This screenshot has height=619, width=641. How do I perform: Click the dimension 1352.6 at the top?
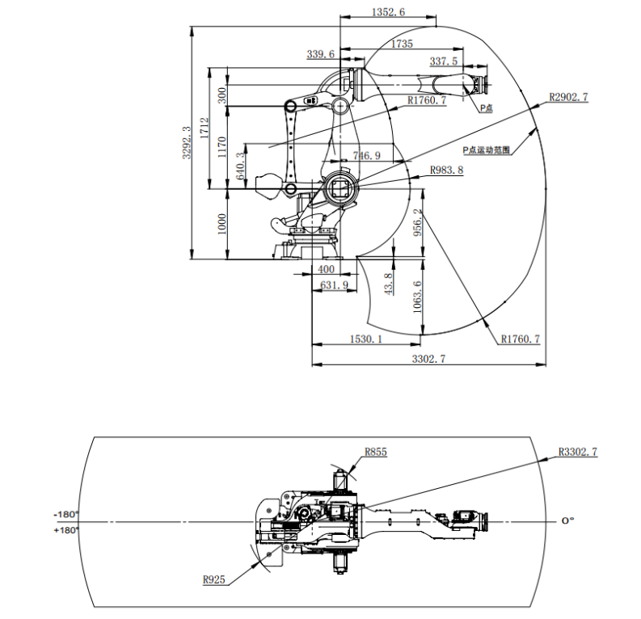(x=388, y=11)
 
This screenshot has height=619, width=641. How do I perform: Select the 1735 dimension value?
(x=402, y=44)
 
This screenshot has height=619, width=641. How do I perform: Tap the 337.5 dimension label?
(x=443, y=61)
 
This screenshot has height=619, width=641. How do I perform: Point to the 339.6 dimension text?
(x=320, y=54)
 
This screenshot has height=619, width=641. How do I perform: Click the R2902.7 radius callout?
(x=568, y=97)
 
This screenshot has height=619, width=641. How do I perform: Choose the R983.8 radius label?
(x=446, y=170)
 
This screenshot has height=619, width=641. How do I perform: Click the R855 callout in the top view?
(x=375, y=452)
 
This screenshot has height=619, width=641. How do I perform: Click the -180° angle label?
(x=65, y=514)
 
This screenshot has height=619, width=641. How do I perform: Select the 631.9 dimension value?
(x=334, y=284)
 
